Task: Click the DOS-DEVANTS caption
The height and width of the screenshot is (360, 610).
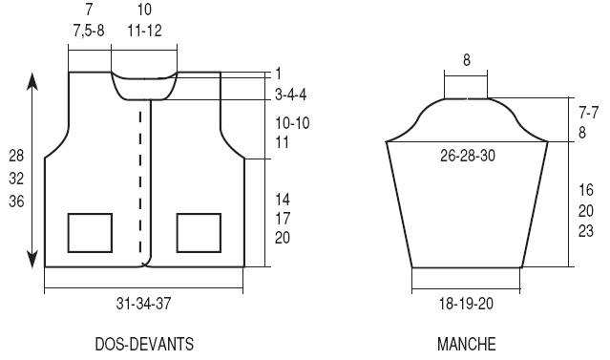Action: (144, 344)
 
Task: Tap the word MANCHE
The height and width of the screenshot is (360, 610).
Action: (467, 344)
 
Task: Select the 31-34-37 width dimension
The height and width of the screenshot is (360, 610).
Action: (143, 304)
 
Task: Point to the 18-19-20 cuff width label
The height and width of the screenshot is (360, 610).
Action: (466, 304)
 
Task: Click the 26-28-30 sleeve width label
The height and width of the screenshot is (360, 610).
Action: (468, 156)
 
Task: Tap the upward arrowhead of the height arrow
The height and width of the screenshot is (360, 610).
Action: (32, 80)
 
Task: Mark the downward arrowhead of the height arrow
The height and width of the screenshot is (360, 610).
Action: (32, 259)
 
